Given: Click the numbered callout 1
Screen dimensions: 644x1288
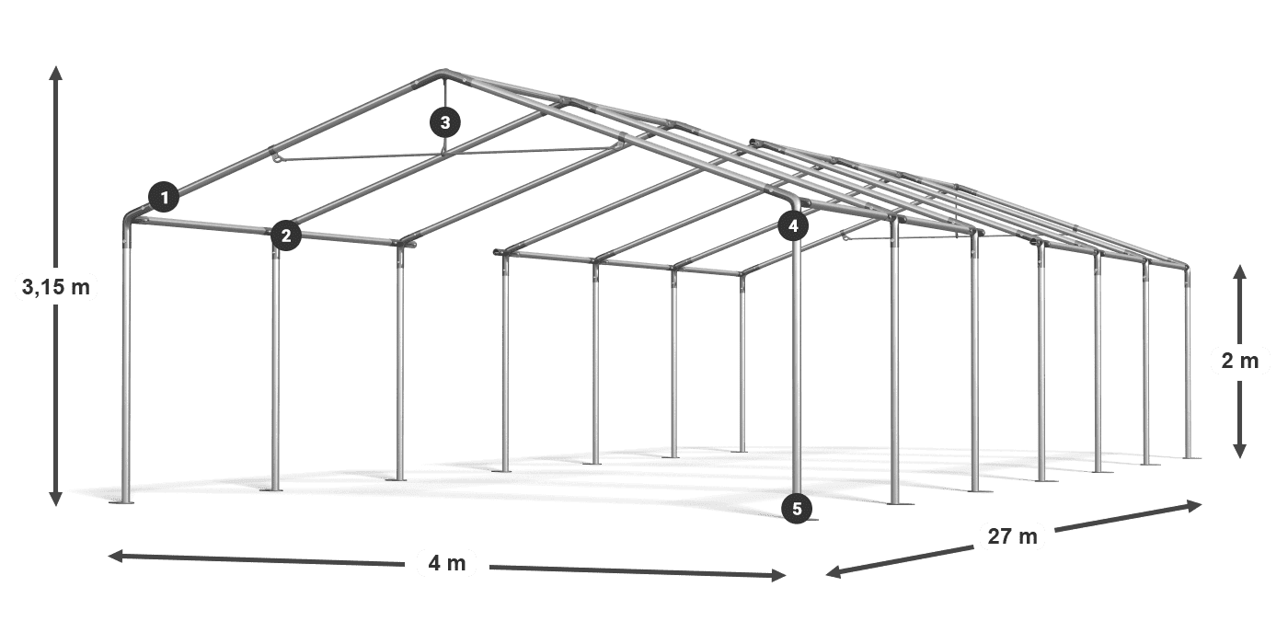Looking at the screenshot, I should (165, 196).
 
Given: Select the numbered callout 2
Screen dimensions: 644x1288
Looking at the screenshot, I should (286, 236).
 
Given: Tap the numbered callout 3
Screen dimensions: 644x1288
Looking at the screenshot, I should (444, 121).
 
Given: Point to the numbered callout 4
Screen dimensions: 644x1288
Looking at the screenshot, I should (793, 224).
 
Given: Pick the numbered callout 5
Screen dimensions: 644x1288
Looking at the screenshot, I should (797, 507).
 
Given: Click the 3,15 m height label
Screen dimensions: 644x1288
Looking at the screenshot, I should (55, 288).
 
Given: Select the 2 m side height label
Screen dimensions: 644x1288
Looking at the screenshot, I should (1239, 362).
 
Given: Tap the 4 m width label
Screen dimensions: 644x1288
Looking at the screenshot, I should (447, 562).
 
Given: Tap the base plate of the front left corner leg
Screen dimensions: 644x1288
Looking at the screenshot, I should (126, 501).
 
